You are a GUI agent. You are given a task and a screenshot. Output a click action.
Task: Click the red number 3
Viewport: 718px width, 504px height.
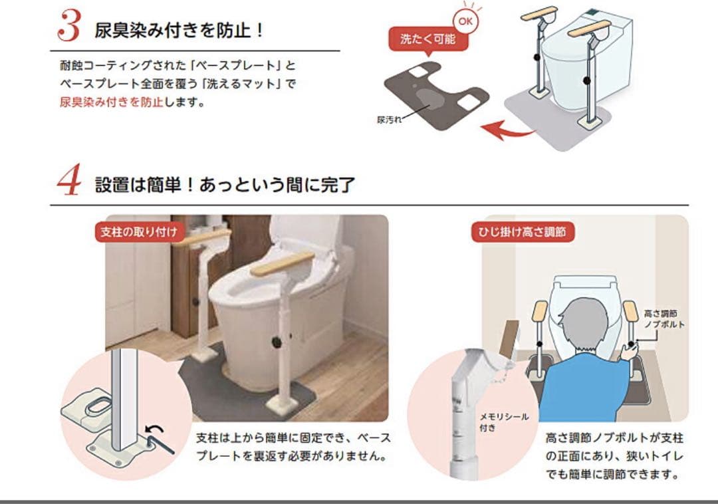click(69, 26)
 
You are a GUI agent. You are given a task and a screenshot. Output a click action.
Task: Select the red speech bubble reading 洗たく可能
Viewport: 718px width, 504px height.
click(427, 39)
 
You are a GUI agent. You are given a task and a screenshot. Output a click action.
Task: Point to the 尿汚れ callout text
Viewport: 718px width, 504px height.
click(389, 120)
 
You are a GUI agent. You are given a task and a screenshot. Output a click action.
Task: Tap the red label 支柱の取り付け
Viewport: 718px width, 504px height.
click(139, 232)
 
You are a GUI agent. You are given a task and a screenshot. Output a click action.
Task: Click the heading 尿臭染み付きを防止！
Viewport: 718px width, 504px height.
click(179, 30)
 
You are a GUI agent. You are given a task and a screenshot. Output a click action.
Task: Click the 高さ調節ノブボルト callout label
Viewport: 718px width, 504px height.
click(663, 318)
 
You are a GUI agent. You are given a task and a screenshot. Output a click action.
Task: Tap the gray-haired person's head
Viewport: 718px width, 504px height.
click(582, 322)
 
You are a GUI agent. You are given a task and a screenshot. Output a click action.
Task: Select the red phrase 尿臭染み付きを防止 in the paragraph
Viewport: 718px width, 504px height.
click(111, 102)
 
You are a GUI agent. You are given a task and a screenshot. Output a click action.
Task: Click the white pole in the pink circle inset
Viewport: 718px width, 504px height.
click(125, 399)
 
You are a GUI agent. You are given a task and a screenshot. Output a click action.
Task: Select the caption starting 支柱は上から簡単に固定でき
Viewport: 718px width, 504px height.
click(293, 447)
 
